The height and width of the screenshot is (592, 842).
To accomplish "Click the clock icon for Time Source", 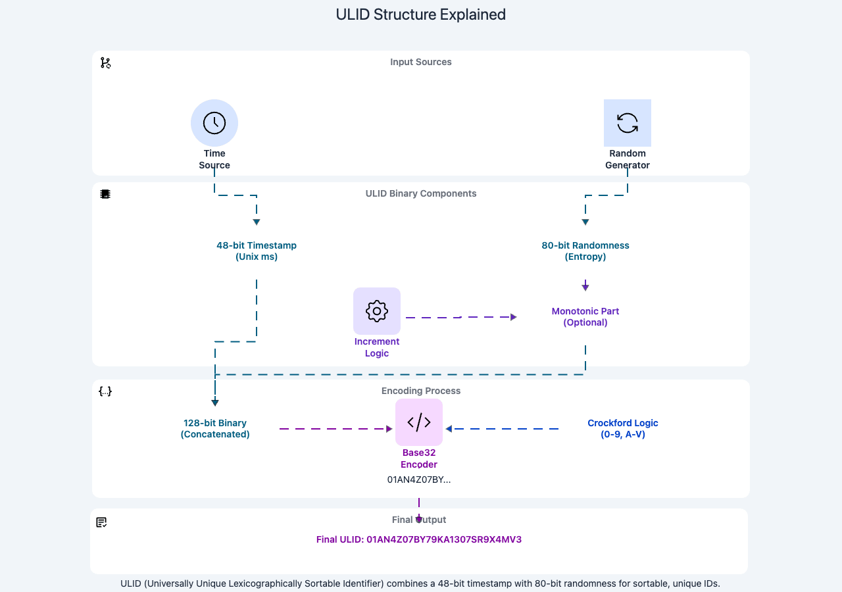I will pos(214,123).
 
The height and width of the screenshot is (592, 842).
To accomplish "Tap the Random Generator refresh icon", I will pos(628,123).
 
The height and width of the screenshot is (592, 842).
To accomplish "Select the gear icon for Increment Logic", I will pos(377,311).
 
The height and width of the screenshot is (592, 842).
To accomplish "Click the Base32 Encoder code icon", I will pos(419,422).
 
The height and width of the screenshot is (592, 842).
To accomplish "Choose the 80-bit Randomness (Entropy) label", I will pos(585,251).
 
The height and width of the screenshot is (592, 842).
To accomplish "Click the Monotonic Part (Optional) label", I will pos(585,316).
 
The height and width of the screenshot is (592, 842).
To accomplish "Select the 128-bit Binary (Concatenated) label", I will pos(215,428).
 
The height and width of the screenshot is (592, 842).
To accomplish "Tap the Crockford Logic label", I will pos(623,428).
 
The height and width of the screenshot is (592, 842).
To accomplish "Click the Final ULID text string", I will pos(419,539).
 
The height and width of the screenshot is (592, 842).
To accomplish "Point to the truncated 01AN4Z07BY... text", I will pos(419,480).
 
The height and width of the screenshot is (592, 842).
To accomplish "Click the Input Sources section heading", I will pos(421,62).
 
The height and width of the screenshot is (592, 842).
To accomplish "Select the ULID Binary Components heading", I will pos(421,193).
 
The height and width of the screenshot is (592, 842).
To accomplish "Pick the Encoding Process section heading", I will pos(421,391).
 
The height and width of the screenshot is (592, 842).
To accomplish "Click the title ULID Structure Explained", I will pos(421,14).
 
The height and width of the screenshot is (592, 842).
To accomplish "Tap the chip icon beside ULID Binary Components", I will pos(105,194).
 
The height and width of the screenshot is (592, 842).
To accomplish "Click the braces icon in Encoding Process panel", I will pos(105,391).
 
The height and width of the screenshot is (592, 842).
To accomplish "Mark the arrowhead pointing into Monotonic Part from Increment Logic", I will pos(514,317).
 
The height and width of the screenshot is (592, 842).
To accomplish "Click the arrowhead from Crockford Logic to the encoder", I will pos(450,429).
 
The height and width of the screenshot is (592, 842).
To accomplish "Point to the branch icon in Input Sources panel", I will pos(105,62).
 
